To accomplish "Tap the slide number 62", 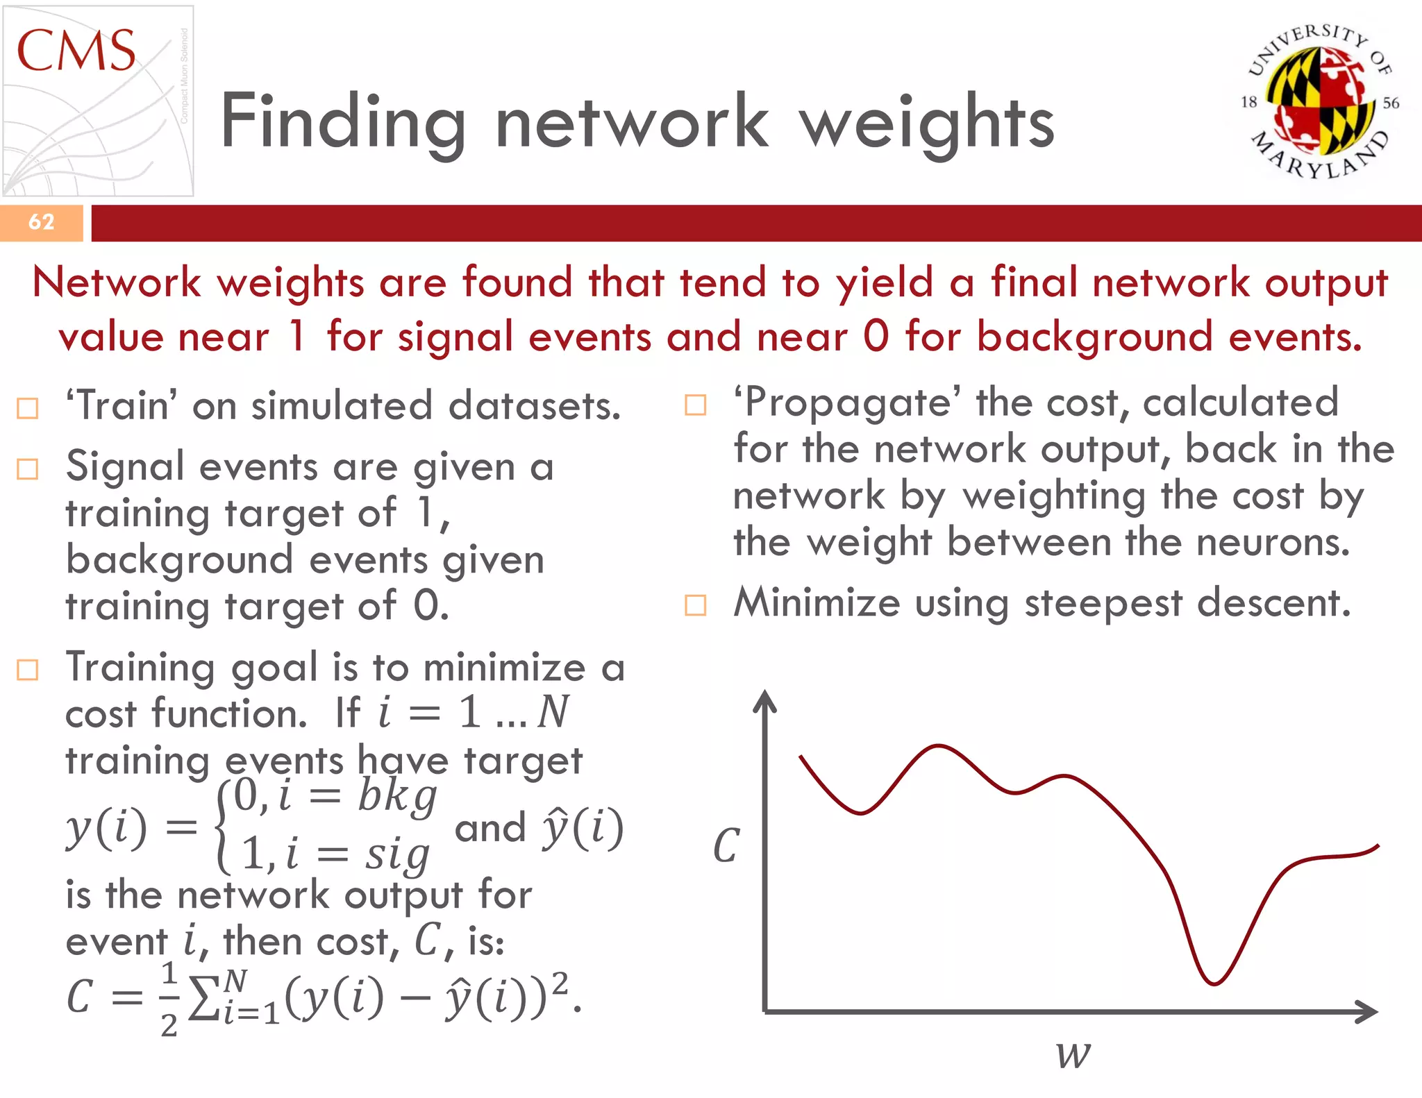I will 41,222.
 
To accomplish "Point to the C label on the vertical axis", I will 726,846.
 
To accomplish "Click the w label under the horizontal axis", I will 1073,1054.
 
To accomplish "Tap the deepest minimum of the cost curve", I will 1214,983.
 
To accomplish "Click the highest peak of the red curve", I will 938,747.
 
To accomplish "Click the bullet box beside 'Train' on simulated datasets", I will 27,408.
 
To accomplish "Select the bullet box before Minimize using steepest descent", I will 695,605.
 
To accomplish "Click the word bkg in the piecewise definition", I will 396,796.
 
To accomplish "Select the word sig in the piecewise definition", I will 397,854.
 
